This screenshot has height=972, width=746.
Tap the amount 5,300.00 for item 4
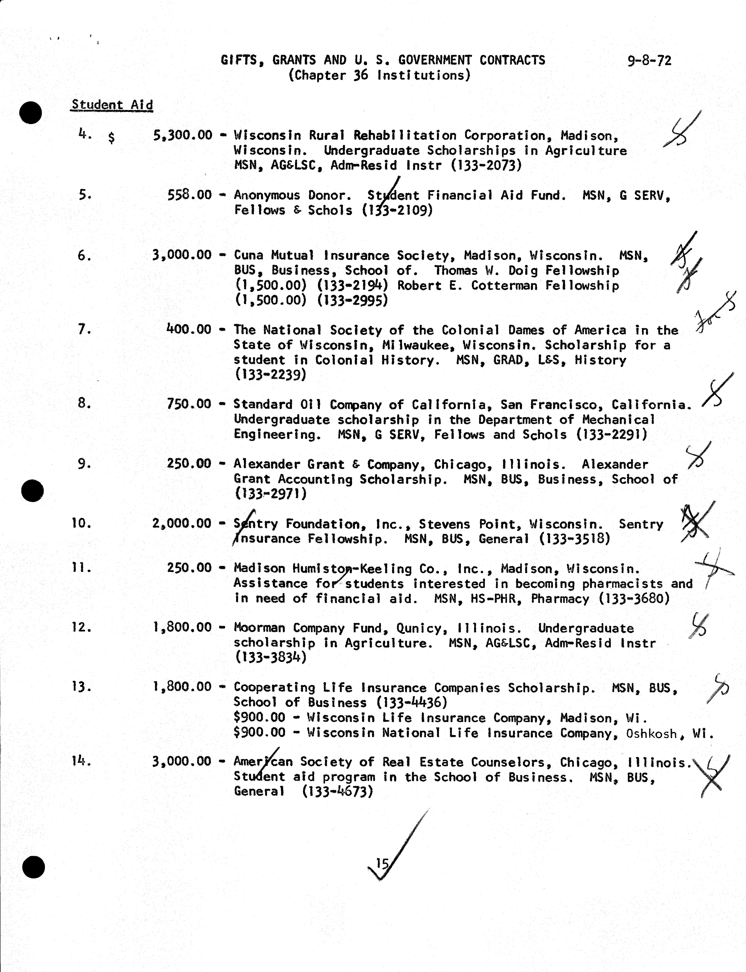182,135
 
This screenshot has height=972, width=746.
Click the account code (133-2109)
397,210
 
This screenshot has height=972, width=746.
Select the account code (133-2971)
270,494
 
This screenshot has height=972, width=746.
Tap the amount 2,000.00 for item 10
182,523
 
